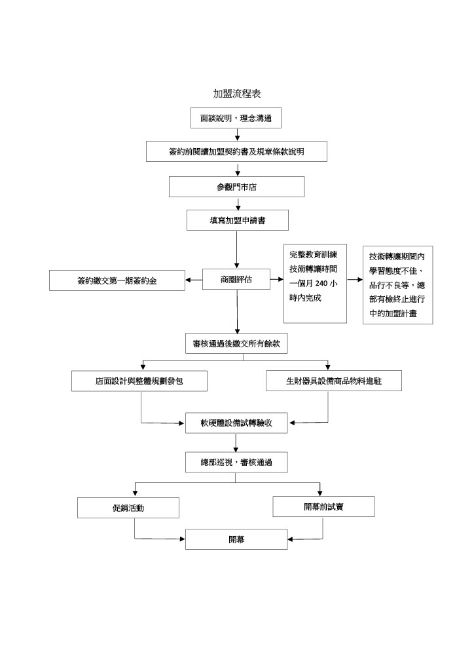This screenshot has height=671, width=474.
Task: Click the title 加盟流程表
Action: click(x=236, y=94)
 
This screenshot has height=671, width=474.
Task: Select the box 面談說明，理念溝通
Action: click(x=236, y=119)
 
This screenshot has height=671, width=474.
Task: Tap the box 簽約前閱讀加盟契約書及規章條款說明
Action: click(x=236, y=151)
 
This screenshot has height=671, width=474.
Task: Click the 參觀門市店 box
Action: click(x=236, y=187)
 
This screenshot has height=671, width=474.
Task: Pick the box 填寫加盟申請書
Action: click(x=236, y=221)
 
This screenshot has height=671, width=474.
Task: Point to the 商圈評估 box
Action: click(x=236, y=280)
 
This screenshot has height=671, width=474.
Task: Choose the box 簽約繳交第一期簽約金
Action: click(x=117, y=281)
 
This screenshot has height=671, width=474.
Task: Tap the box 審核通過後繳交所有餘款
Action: click(x=236, y=343)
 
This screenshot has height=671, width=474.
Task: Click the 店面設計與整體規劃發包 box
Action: click(x=139, y=381)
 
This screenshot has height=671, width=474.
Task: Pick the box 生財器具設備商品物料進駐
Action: click(x=334, y=381)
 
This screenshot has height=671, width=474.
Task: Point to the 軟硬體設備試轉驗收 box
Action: click(x=236, y=423)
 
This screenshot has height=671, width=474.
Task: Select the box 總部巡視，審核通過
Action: click(x=236, y=463)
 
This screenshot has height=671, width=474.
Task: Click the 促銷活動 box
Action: click(x=128, y=508)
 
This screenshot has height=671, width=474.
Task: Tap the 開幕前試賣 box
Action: click(x=323, y=507)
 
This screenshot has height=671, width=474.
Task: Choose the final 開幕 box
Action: click(x=236, y=539)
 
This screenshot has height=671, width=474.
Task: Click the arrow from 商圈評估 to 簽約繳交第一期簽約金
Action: click(x=194, y=280)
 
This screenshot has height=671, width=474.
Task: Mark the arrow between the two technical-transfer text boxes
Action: click(x=354, y=280)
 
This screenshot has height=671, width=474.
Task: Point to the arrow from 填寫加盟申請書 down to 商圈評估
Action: click(x=236, y=250)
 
